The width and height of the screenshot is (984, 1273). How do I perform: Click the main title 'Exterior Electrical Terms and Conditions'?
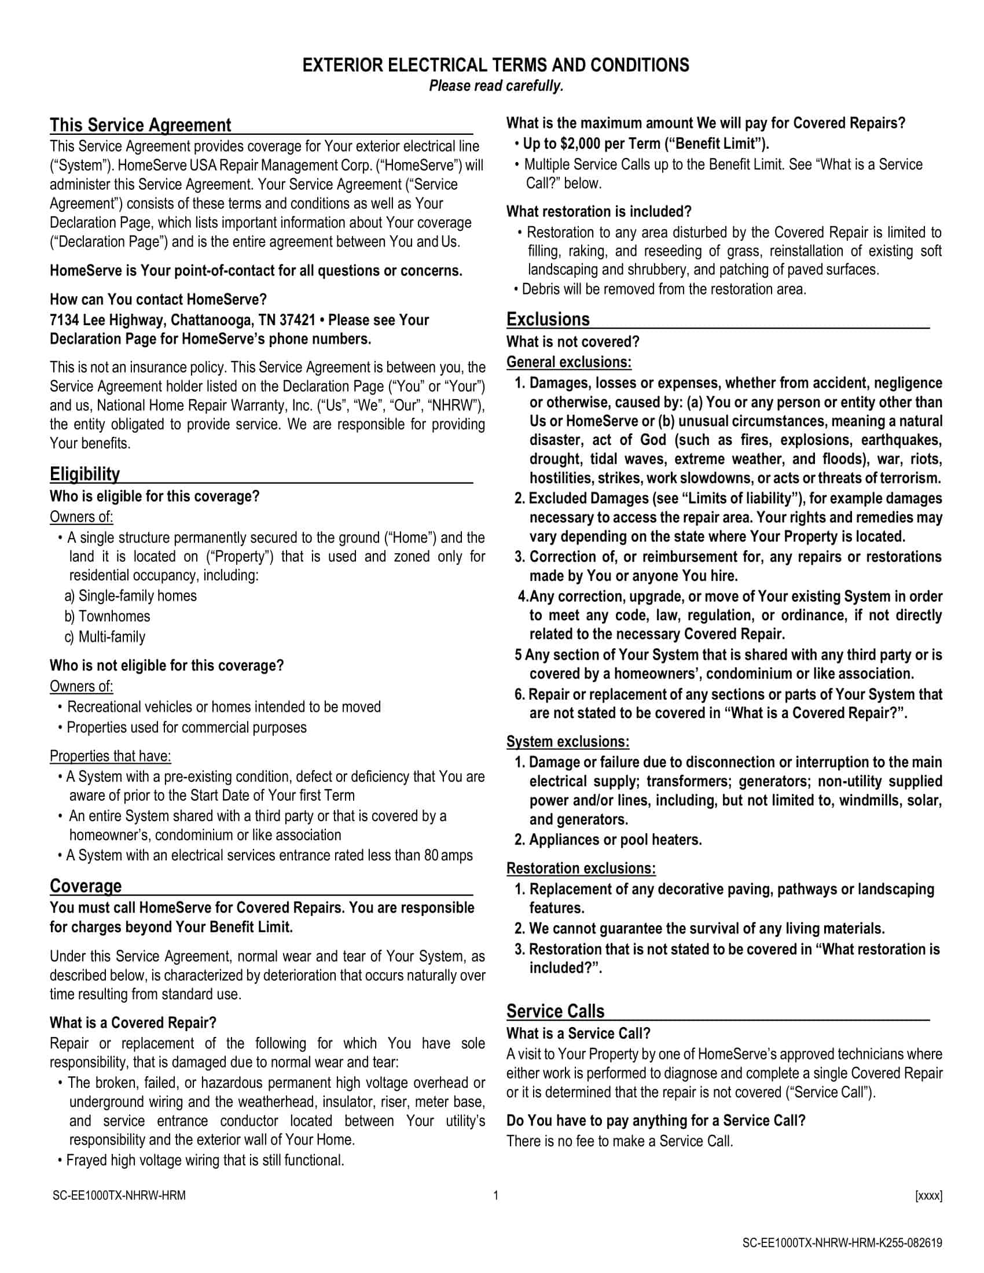pyautogui.click(x=495, y=65)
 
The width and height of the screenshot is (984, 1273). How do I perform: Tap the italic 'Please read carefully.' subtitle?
pyautogui.click(x=496, y=86)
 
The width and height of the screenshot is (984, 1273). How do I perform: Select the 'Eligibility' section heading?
pyautogui.click(x=85, y=474)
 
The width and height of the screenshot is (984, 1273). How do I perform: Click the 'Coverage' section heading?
pyautogui.click(x=86, y=885)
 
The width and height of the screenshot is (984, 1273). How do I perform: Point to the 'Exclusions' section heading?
pyautogui.click(x=548, y=319)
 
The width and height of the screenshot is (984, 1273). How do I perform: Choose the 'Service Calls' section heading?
pyautogui.click(x=555, y=1011)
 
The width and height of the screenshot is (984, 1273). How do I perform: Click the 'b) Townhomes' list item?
pyautogui.click(x=107, y=616)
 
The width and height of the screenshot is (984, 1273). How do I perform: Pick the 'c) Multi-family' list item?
pyautogui.click(x=105, y=636)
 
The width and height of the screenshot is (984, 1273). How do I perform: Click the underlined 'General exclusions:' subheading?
pyautogui.click(x=568, y=362)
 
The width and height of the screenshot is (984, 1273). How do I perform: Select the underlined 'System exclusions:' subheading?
pyautogui.click(x=568, y=741)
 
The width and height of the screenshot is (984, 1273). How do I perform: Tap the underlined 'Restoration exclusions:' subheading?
pyautogui.click(x=581, y=868)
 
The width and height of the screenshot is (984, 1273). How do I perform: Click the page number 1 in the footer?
pyautogui.click(x=496, y=1196)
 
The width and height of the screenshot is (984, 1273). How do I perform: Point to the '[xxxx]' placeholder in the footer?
pyautogui.click(x=928, y=1196)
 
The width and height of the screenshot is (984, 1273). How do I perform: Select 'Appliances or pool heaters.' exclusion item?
pyautogui.click(x=615, y=840)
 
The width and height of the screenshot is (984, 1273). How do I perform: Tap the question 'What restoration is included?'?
pyautogui.click(x=599, y=211)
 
